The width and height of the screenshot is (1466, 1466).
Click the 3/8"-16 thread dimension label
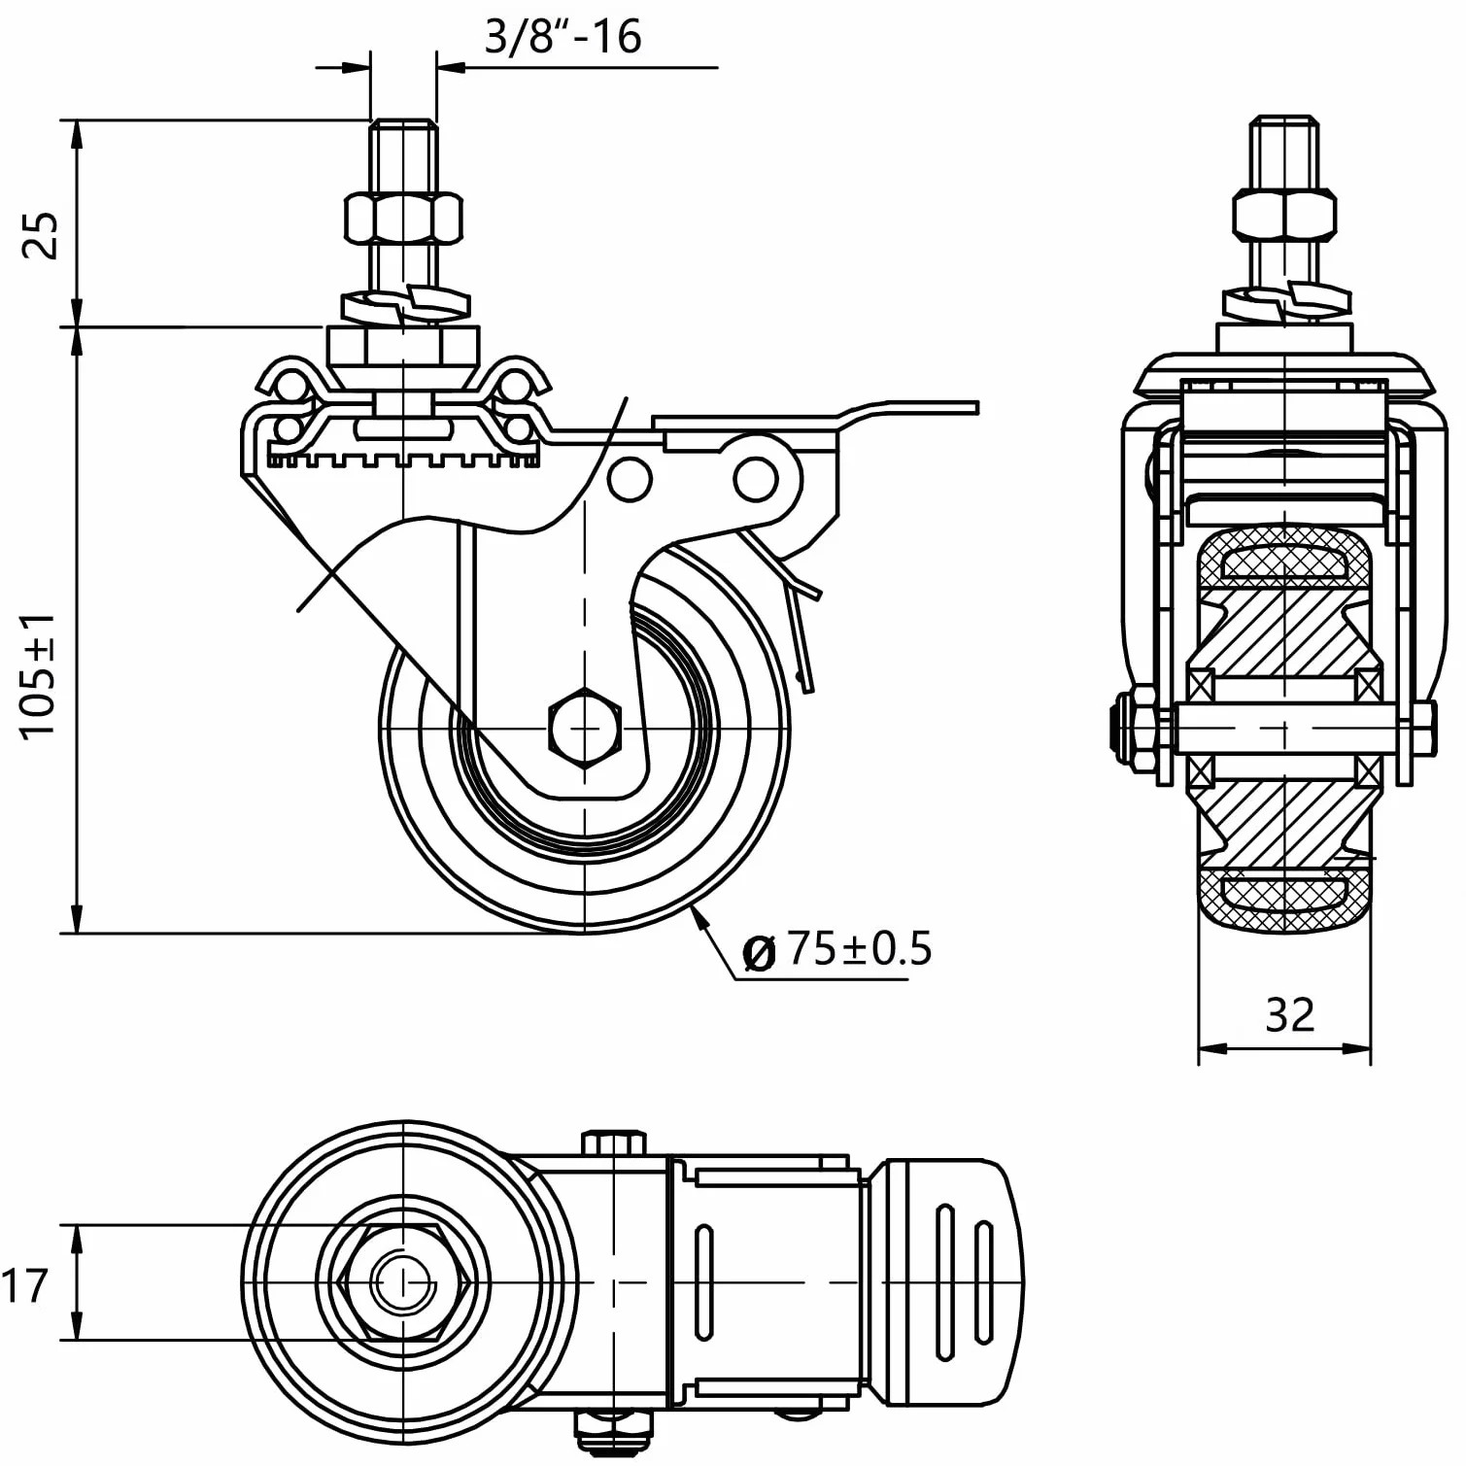pos(563,37)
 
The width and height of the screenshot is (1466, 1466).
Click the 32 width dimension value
pos(1290,1014)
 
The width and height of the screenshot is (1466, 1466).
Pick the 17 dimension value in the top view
pos(24,1285)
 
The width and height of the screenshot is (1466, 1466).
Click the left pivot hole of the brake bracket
pos(630,479)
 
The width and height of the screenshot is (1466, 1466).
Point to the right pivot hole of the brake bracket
pos(754,479)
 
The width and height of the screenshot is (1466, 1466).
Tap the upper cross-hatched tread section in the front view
pos(1284,561)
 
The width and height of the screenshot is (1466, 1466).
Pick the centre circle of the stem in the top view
pos(402,1283)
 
